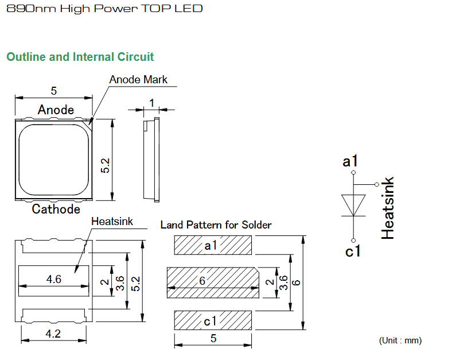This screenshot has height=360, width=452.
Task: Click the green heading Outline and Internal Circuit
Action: (80, 57)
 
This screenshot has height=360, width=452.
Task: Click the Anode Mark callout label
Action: (138, 80)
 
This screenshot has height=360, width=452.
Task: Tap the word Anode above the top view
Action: (56, 110)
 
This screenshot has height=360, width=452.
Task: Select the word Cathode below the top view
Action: (56, 209)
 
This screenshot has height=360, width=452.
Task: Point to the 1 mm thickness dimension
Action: (151, 103)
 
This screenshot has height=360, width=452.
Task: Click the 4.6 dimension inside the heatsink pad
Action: (54, 279)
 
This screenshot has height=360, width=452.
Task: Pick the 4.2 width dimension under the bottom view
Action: (53, 334)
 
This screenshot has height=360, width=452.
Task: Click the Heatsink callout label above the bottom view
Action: (112, 222)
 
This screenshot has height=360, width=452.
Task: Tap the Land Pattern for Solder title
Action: (216, 225)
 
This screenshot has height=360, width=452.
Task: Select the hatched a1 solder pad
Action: (213, 245)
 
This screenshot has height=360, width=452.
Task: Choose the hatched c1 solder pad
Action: (213, 320)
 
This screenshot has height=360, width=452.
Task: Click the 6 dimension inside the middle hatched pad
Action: (202, 281)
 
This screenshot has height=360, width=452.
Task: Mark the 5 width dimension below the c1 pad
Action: (213, 338)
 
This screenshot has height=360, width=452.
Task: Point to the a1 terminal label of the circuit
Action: (350, 161)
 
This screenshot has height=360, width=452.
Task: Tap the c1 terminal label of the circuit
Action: (353, 251)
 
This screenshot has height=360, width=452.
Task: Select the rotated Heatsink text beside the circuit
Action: (387, 208)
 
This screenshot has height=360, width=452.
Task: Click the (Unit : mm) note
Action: (400, 340)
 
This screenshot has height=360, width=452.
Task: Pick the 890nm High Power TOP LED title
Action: (104, 9)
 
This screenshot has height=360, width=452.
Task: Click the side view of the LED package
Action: (151, 160)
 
